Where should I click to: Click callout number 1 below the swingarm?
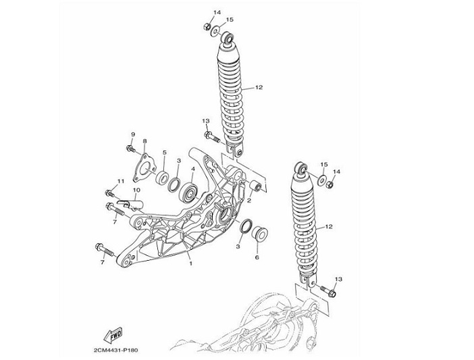pyautogui.click(x=190, y=263)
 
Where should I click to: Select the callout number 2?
pyautogui.click(x=248, y=201)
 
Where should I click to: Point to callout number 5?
pyautogui.click(x=163, y=153)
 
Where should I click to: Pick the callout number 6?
pyautogui.click(x=257, y=258)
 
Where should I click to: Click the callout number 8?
pyautogui.click(x=144, y=141)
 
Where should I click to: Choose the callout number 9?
pyautogui.click(x=133, y=134)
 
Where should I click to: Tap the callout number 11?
pyautogui.click(x=121, y=182)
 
